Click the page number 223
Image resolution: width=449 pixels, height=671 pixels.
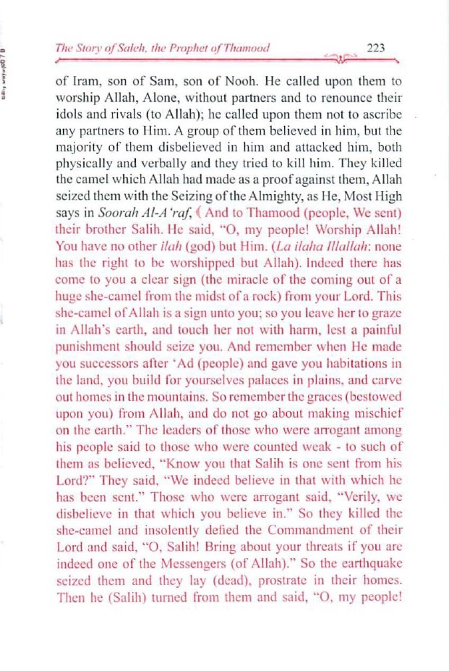(375, 48)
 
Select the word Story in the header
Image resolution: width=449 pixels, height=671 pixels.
(92, 48)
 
